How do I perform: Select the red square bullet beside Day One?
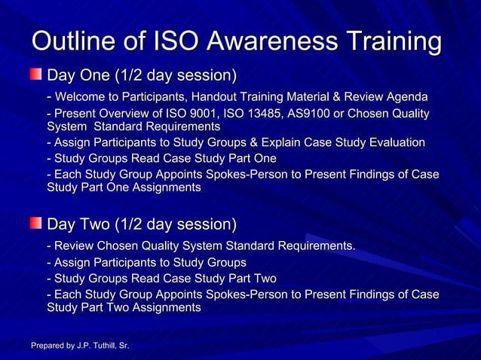tap(36, 75)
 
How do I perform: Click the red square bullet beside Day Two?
tap(36, 223)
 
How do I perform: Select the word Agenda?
tap(406, 97)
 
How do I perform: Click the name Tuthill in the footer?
tap(98, 346)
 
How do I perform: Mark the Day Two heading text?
tap(142, 224)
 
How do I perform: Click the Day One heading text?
tap(142, 76)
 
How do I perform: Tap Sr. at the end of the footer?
tap(123, 346)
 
